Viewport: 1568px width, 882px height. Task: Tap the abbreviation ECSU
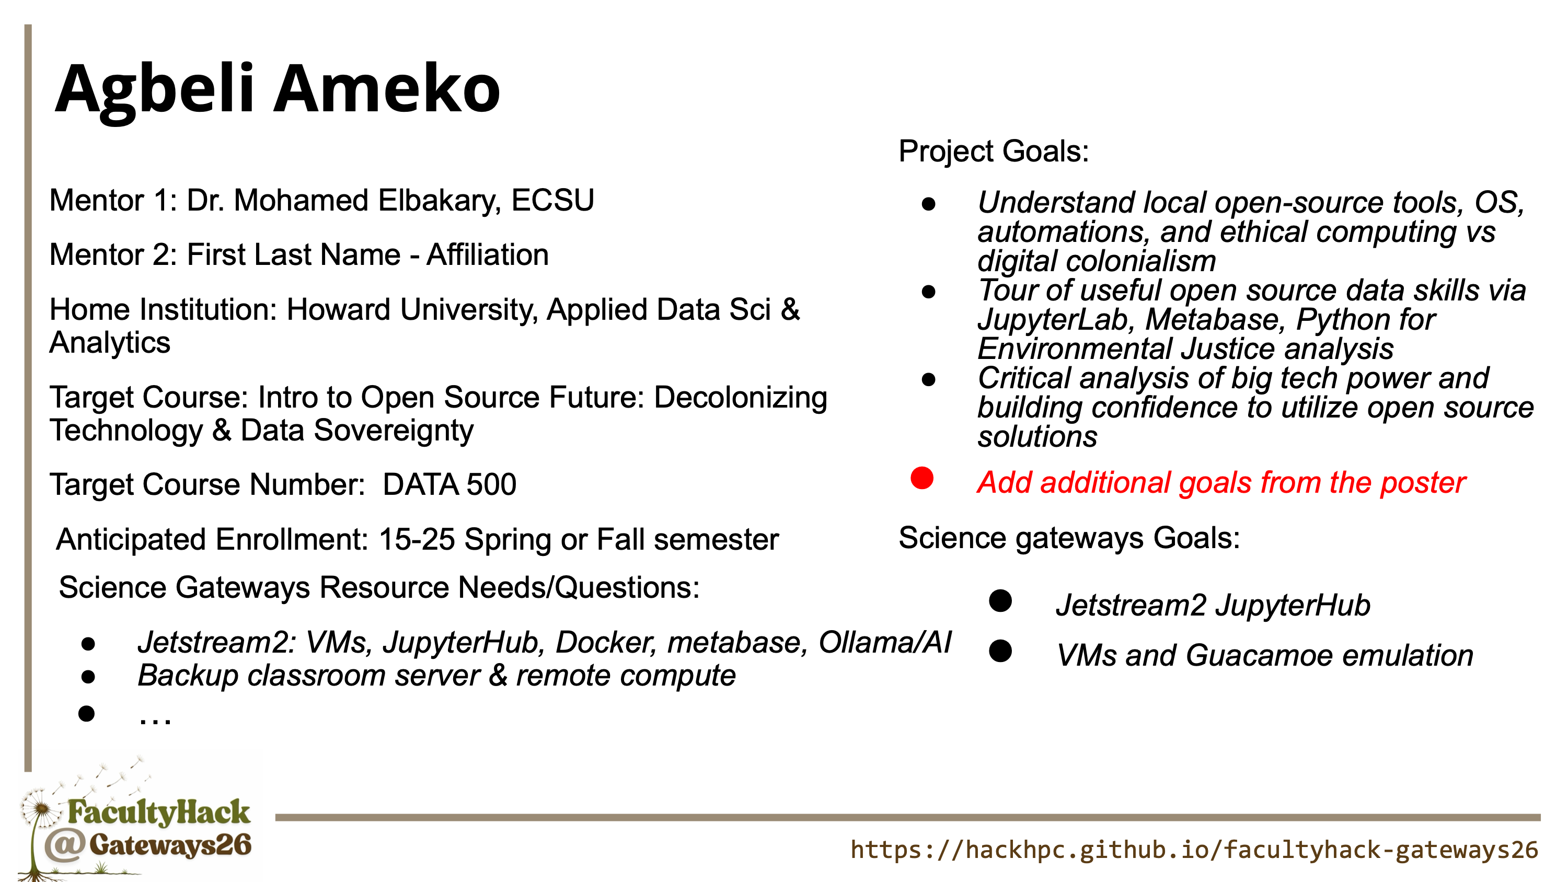(x=552, y=200)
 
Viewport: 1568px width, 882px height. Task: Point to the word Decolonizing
(x=741, y=399)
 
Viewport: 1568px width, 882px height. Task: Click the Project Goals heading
(x=994, y=151)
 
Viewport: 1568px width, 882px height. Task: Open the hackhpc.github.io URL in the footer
(x=1194, y=850)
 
